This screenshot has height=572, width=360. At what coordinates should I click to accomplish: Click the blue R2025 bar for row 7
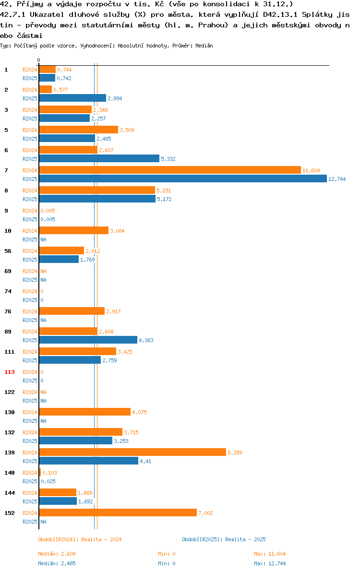click(183, 179)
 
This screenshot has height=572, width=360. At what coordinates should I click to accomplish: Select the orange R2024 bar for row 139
click(133, 453)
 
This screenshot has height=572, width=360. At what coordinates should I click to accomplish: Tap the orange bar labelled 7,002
click(118, 512)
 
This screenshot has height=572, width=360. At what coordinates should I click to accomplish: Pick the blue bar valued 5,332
click(99, 159)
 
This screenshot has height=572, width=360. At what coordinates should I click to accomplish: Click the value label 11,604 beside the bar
click(311, 170)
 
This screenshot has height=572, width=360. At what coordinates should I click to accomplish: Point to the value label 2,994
click(115, 98)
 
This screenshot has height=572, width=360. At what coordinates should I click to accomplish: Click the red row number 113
click(10, 372)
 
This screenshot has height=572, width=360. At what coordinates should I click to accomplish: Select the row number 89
click(8, 332)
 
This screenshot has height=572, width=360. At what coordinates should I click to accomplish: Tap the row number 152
click(10, 513)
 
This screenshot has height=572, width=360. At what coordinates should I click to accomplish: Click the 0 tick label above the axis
click(39, 60)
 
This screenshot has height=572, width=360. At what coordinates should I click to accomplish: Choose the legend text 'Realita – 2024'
click(101, 539)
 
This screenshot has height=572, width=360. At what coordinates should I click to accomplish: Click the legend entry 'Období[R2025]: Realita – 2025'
click(224, 539)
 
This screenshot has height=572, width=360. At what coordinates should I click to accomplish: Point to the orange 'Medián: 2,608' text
click(57, 554)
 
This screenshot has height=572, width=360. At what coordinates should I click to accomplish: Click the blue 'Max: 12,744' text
click(270, 563)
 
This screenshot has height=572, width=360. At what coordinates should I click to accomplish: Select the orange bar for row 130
click(85, 412)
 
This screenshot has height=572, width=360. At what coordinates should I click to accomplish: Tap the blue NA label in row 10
click(43, 239)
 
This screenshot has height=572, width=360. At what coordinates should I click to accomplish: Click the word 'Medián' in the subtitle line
click(204, 46)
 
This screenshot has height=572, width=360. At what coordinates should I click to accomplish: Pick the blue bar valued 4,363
click(88, 340)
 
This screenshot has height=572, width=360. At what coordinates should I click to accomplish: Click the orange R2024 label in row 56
click(30, 251)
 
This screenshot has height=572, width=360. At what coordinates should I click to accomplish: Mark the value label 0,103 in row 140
click(49, 473)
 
